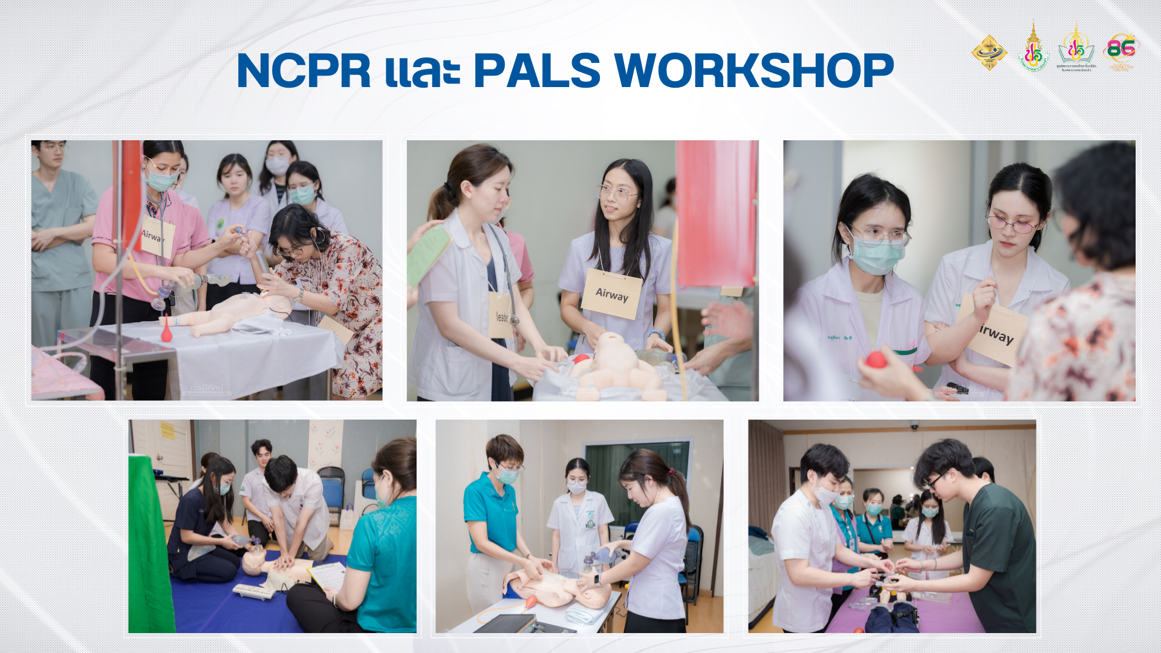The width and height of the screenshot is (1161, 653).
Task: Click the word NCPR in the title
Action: [x=304, y=71]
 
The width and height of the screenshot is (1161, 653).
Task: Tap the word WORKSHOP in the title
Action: [x=753, y=71]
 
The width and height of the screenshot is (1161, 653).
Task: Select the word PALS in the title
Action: [x=536, y=71]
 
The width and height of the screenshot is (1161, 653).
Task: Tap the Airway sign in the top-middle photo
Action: [x=611, y=294]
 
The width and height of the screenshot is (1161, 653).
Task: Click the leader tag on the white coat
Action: [x=501, y=316]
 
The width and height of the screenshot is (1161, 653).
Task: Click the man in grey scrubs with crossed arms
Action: [x=61, y=242]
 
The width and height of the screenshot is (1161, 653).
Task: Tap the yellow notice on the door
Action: [x=167, y=430]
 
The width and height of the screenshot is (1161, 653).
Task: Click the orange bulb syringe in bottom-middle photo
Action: [x=530, y=602]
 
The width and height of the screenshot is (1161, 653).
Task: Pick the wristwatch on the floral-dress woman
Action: [x=299, y=296]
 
